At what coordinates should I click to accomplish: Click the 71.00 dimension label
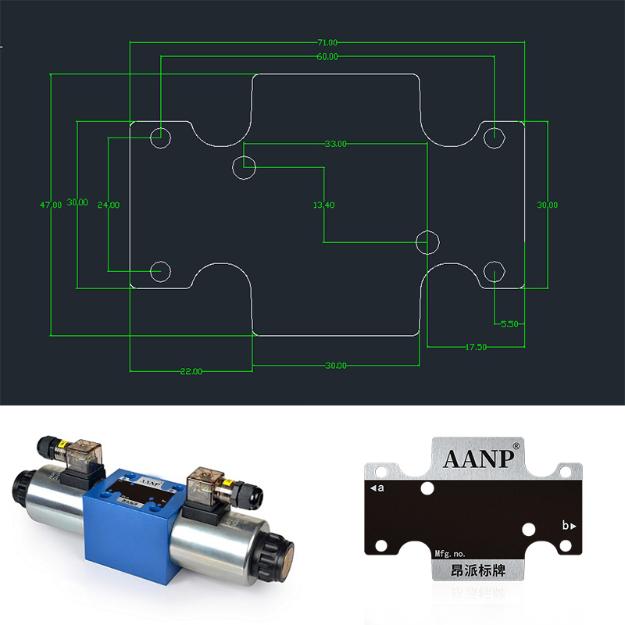pyautogui.click(x=327, y=42)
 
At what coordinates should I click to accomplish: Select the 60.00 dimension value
pyautogui.click(x=327, y=57)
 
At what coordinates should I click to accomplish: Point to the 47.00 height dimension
pyautogui.click(x=51, y=205)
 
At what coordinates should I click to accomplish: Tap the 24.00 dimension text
pyautogui.click(x=108, y=205)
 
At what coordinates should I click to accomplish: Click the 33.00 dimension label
pyautogui.click(x=336, y=144)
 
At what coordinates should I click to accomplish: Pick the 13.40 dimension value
pyautogui.click(x=323, y=205)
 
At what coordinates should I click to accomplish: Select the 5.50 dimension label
pyautogui.click(x=509, y=323)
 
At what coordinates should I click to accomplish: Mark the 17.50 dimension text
pyautogui.click(x=476, y=346)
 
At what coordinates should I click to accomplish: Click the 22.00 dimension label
pyautogui.click(x=191, y=371)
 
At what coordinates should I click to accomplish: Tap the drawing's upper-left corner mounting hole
pyautogui.click(x=160, y=137)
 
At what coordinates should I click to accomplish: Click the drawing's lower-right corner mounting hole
pyautogui.click(x=495, y=272)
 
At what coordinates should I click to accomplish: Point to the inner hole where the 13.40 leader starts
pyautogui.click(x=245, y=166)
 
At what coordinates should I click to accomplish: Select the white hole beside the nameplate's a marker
pyautogui.click(x=427, y=490)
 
